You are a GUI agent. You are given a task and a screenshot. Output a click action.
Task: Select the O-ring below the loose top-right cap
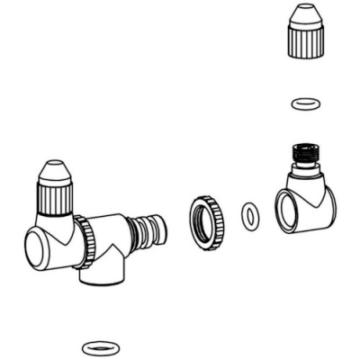(304, 103)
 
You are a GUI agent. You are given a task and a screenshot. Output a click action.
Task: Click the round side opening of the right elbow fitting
(290, 213)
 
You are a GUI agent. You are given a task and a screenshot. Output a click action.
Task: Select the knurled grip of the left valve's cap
(56, 197)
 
